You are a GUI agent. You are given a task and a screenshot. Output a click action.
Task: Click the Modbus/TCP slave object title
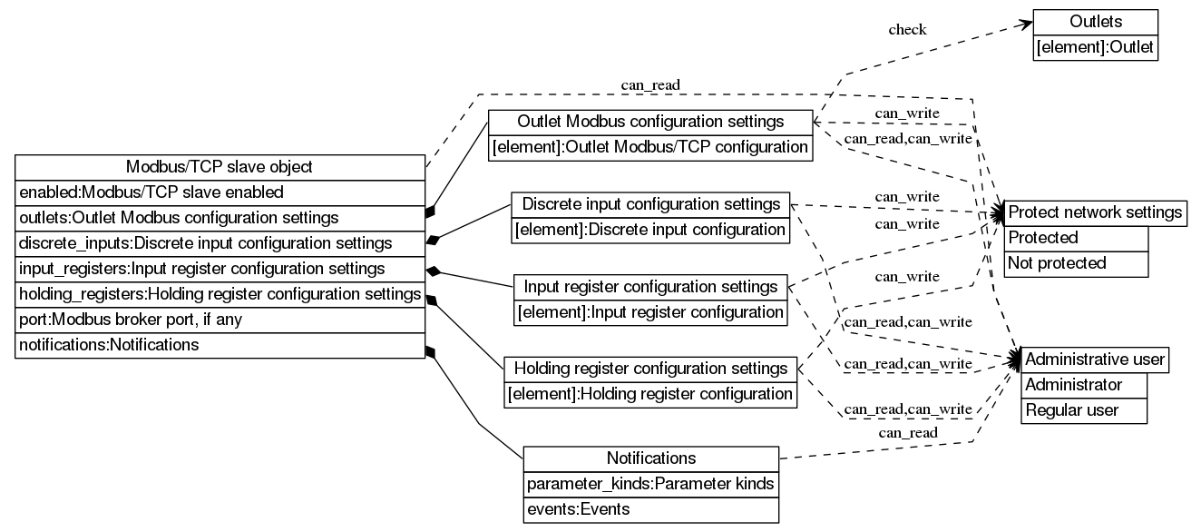(x=220, y=167)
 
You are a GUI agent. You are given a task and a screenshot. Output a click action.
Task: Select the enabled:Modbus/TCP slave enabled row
(x=220, y=192)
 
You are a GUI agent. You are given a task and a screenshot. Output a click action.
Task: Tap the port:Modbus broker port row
(x=220, y=320)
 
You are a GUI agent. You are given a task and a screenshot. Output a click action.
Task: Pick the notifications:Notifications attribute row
(x=220, y=345)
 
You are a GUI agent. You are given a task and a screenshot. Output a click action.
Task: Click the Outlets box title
(x=1095, y=22)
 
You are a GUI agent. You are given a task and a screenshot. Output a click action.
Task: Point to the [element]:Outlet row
(x=1095, y=47)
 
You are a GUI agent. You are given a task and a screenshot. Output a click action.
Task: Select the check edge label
(x=907, y=30)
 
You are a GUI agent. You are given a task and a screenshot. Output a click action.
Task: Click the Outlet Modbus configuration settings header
(x=649, y=122)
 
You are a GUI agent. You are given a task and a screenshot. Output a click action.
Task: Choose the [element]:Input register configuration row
(x=650, y=312)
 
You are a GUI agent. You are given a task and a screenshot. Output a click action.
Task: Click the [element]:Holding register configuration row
(x=649, y=394)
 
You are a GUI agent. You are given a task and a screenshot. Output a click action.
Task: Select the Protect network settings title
(x=1095, y=212)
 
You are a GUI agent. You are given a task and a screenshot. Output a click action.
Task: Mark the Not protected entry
(x=1076, y=263)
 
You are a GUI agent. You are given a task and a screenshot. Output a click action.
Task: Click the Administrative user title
(x=1095, y=360)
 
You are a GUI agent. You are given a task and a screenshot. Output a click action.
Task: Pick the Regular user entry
(x=1085, y=410)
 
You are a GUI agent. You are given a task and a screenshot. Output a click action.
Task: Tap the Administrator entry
(x=1085, y=385)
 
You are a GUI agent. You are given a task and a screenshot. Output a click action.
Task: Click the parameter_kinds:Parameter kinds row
(x=650, y=484)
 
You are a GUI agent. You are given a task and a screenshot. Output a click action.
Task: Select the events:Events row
(x=650, y=509)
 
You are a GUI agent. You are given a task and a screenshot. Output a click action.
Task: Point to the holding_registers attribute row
(x=220, y=294)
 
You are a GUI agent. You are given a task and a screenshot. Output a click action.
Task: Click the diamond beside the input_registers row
(x=435, y=270)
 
